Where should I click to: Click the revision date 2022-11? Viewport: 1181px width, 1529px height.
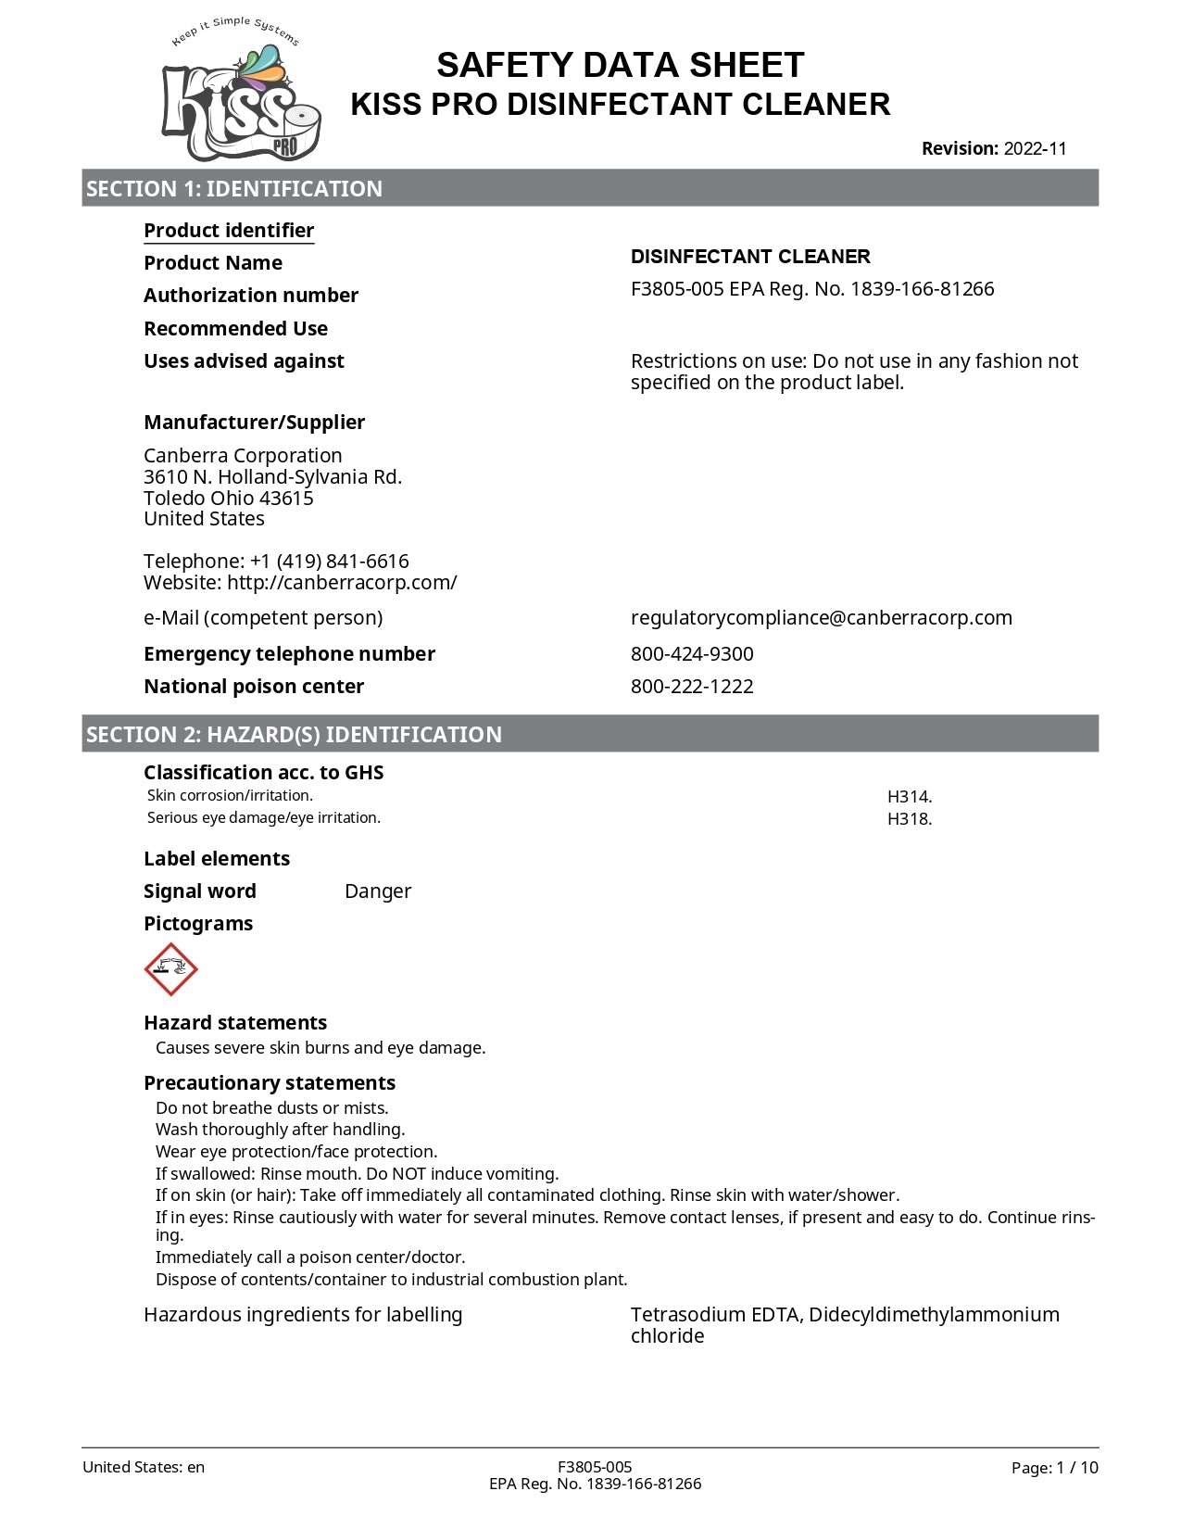tap(1035, 149)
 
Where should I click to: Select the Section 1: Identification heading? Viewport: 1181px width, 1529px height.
tap(234, 189)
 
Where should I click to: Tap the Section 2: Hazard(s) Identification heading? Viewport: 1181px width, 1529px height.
tap(294, 735)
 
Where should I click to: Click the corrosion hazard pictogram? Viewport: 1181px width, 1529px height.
tap(171, 969)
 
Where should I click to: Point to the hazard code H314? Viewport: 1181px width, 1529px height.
tap(909, 797)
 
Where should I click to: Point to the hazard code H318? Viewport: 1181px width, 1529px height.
tap(909, 819)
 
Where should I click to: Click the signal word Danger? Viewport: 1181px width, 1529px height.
tap(378, 891)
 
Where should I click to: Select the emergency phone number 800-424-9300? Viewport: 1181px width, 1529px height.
tap(692, 654)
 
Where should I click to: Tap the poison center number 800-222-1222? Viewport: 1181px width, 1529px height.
tap(692, 687)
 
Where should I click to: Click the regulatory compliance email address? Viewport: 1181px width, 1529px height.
tap(821, 618)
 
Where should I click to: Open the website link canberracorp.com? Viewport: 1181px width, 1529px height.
tap(342, 583)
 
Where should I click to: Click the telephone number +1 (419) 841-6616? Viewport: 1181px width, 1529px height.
tap(329, 562)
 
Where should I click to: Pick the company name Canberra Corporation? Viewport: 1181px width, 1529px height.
tap(243, 456)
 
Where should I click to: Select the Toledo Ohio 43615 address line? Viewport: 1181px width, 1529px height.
tap(229, 499)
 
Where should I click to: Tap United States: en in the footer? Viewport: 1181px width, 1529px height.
tap(144, 1467)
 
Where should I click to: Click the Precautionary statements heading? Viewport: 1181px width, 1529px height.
tap(270, 1083)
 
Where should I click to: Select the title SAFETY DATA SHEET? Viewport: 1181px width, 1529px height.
tap(620, 66)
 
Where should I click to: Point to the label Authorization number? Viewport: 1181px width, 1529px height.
tap(251, 296)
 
